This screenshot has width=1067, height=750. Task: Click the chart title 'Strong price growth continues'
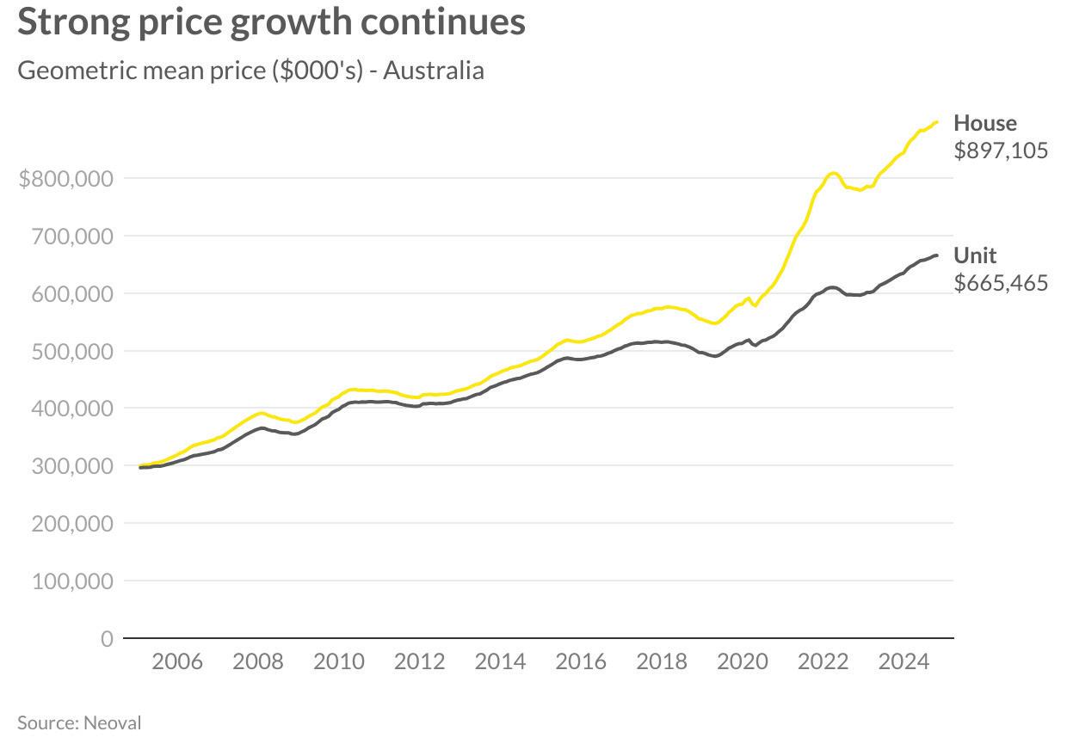[x=271, y=22]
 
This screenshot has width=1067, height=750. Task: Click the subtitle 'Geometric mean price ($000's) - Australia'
[x=250, y=70]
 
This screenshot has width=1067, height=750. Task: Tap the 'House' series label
[x=984, y=123]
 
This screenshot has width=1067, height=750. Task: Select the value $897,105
[x=1001, y=151]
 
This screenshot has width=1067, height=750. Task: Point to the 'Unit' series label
[x=975, y=255]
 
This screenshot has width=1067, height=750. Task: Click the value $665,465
[x=1001, y=283]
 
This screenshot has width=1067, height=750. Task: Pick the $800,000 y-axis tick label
[x=65, y=179]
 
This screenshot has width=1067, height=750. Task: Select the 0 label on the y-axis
[x=107, y=639]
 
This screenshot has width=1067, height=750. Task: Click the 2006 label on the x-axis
[x=176, y=661]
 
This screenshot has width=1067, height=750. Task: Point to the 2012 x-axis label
[x=419, y=661]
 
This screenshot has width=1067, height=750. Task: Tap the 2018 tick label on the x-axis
[x=662, y=661]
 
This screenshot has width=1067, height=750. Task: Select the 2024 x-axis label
[x=904, y=661]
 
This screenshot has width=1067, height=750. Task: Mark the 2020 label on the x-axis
[x=742, y=661]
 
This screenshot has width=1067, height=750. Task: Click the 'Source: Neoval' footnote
[x=79, y=722]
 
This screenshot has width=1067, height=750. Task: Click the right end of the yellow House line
[x=936, y=122]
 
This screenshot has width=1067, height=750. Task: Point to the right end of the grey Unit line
[x=936, y=255]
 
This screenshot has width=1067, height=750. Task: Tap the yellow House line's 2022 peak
[x=832, y=174]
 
